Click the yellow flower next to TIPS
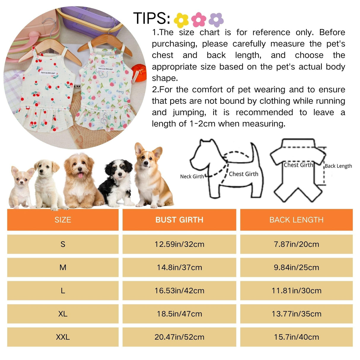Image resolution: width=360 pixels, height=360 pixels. [181, 20]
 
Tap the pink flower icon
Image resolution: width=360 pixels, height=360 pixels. [199, 19]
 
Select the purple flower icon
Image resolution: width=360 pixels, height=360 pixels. [216, 20]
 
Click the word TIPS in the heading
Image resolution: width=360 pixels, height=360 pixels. [151, 18]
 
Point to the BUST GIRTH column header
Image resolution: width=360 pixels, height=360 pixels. [179, 220]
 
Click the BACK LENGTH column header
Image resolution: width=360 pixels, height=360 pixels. [296, 220]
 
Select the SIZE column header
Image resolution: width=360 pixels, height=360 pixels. [63, 220]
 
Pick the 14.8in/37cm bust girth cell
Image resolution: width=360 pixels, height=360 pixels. [179, 267]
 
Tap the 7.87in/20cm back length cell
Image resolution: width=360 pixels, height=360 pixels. [296, 244]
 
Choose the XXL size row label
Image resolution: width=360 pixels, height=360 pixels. [63, 337]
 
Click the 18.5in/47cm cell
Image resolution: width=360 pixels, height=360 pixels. [179, 314]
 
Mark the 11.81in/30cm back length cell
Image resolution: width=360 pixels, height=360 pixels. [296, 291]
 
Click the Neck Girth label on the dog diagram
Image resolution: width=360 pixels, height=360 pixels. [192, 176]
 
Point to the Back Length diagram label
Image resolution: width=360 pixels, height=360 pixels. [338, 166]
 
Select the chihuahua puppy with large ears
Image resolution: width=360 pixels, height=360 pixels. [21, 187]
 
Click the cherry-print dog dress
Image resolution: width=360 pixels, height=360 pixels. [47, 92]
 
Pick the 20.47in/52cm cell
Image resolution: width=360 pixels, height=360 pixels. [179, 337]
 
